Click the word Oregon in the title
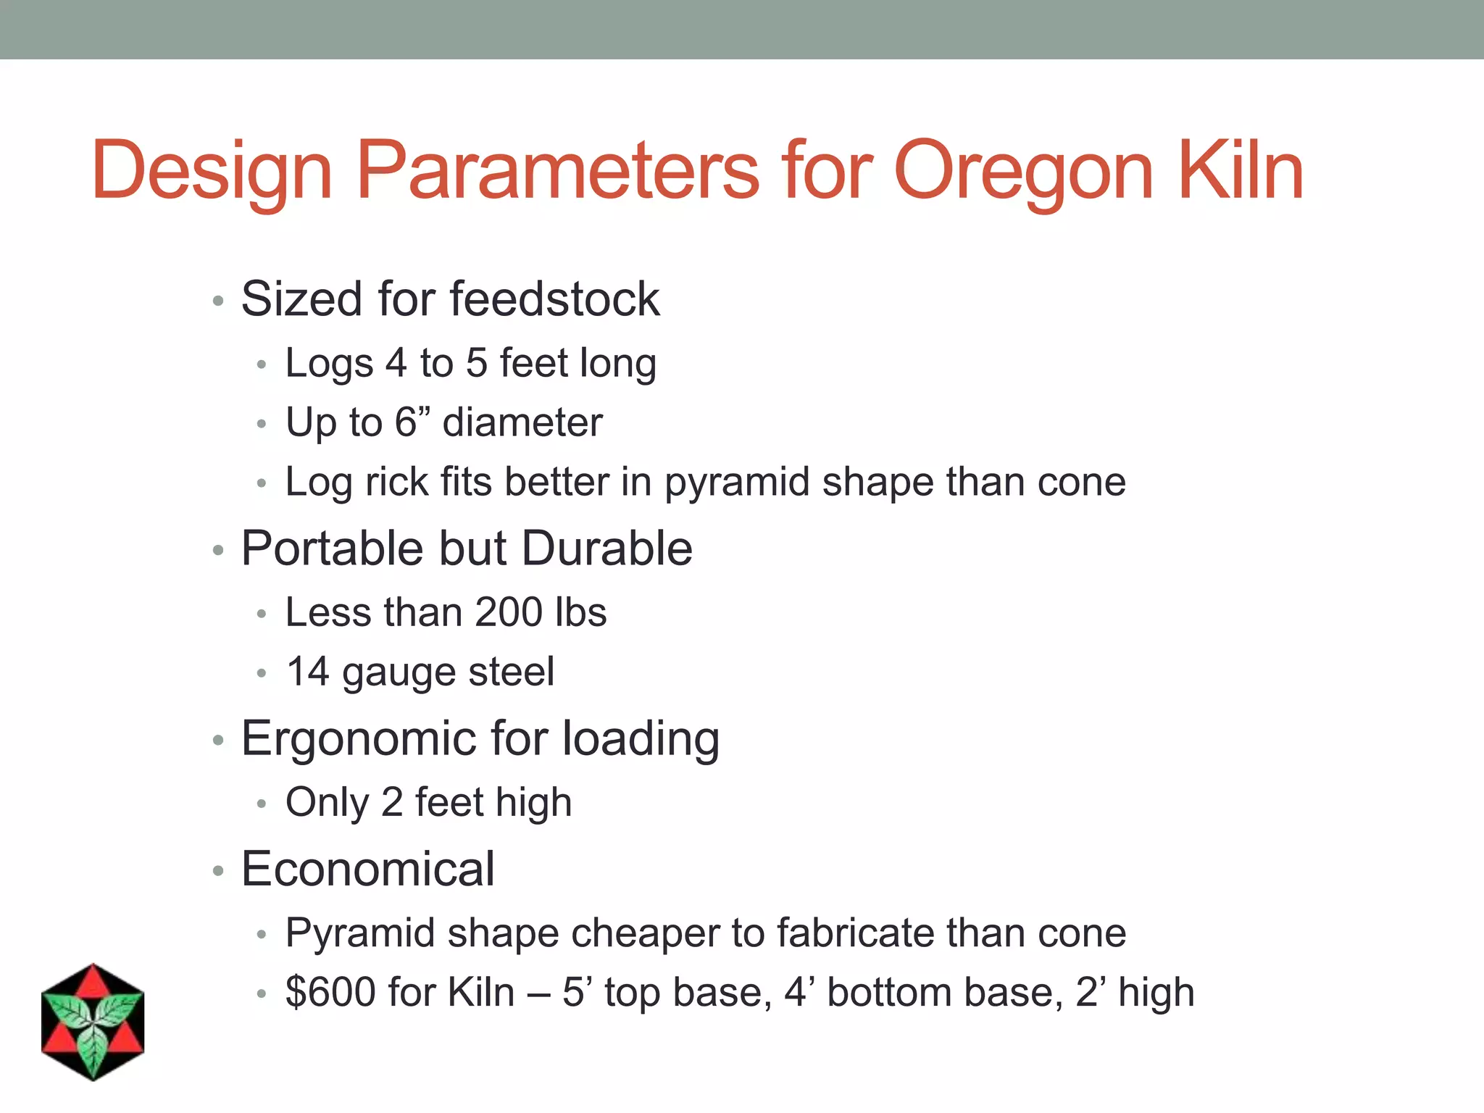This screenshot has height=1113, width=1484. tap(1023, 171)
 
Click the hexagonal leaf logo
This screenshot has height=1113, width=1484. tap(93, 1022)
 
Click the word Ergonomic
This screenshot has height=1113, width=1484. tap(359, 739)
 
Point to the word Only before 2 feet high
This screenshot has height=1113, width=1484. tap(327, 803)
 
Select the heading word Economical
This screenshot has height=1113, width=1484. tap(368, 869)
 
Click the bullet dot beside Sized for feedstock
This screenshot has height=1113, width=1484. tap(218, 300)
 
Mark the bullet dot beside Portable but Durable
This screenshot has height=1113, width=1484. tap(218, 550)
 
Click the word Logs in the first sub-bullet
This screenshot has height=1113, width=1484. tap(329, 363)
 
